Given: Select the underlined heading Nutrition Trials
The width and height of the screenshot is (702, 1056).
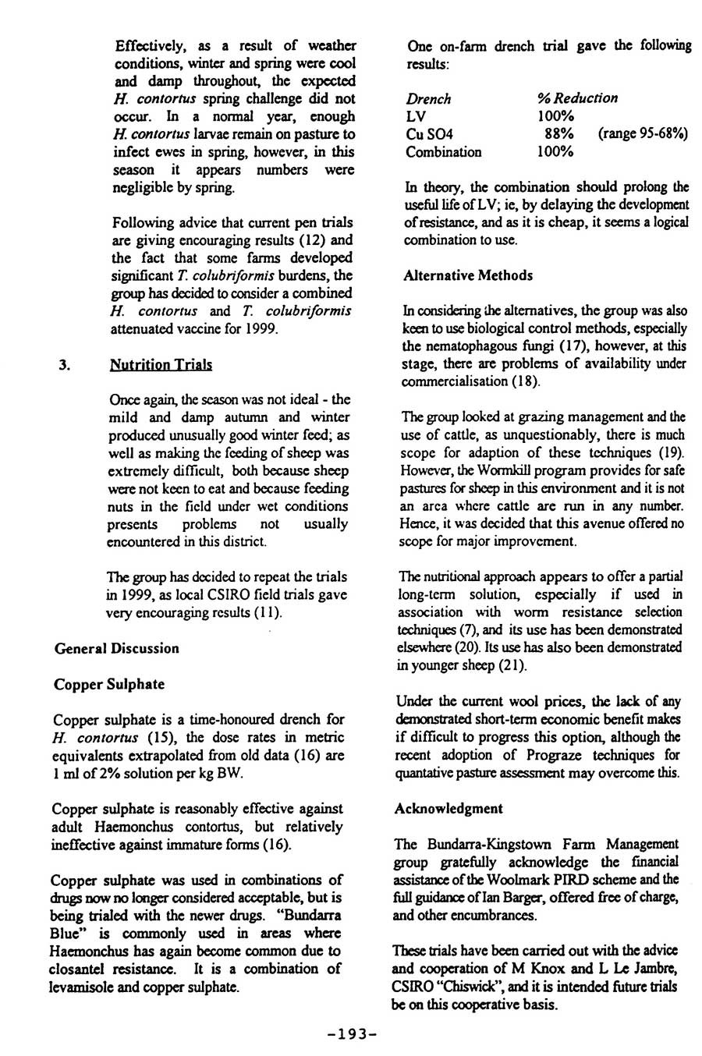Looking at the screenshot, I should coord(161,364).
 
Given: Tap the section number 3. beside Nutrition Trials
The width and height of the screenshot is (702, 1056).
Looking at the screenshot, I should coord(66,364).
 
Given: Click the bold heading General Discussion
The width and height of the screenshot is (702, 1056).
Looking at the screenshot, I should coord(116,648).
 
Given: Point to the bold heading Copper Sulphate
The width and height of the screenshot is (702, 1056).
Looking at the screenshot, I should coord(109,684).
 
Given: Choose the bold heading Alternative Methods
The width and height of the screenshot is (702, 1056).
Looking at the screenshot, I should coord(468,275).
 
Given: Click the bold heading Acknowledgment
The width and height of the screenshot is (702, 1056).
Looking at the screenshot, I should coord(449,808).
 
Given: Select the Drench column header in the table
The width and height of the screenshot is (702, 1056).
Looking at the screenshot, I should coord(428,98).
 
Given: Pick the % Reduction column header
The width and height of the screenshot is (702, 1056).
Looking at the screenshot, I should coord(577,98).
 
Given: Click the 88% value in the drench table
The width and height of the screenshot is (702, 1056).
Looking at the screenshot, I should coord(559,134).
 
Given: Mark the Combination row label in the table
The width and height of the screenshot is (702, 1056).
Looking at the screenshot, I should coord(443,152).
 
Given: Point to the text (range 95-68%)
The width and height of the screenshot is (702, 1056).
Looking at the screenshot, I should coord(643,134).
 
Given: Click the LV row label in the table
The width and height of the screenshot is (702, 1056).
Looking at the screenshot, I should coord(416,116).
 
